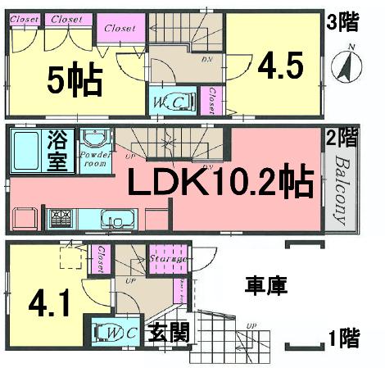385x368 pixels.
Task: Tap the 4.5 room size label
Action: coord(278,65)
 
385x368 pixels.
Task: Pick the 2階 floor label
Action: coord(342,138)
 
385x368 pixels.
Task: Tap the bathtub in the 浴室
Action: coord(31,149)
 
